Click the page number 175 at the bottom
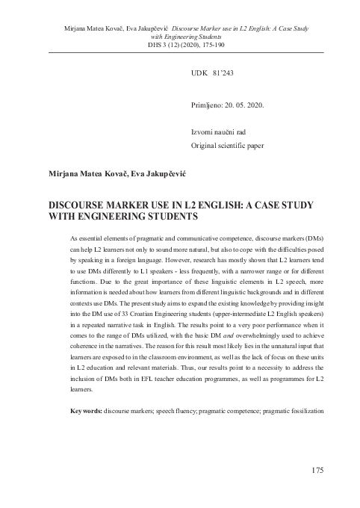tap(314, 470)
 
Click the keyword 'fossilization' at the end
tap(302, 411)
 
